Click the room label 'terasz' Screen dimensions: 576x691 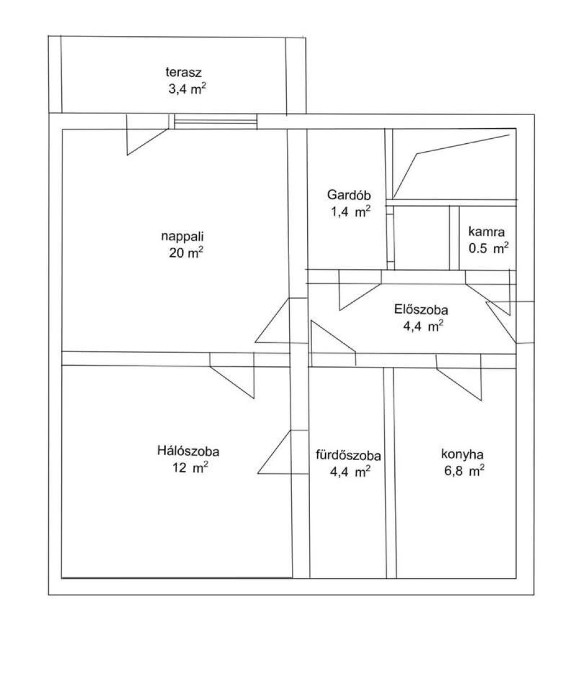(x=183, y=72)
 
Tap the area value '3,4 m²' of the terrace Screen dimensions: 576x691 (x=187, y=89)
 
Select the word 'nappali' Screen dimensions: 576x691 (x=182, y=237)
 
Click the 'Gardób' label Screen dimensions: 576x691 (x=349, y=195)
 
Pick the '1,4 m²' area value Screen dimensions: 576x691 (x=350, y=211)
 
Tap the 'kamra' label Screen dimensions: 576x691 (x=487, y=231)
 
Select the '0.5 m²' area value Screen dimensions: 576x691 (x=488, y=248)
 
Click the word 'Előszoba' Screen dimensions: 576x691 (x=421, y=310)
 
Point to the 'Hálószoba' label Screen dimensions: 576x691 (x=188, y=452)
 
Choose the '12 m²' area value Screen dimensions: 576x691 (x=190, y=468)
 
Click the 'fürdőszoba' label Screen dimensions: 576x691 (x=348, y=456)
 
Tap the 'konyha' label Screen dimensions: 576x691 (x=462, y=455)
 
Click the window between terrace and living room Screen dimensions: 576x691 (x=216, y=121)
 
